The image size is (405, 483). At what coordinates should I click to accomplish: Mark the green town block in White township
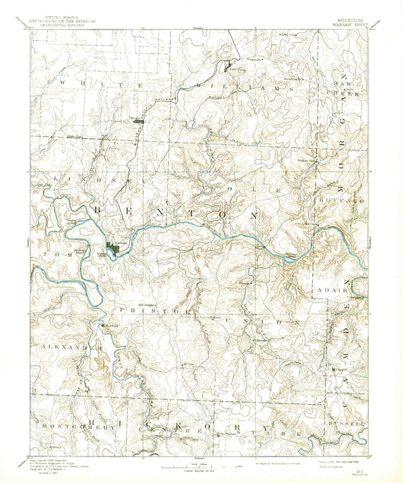point(138,120)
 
